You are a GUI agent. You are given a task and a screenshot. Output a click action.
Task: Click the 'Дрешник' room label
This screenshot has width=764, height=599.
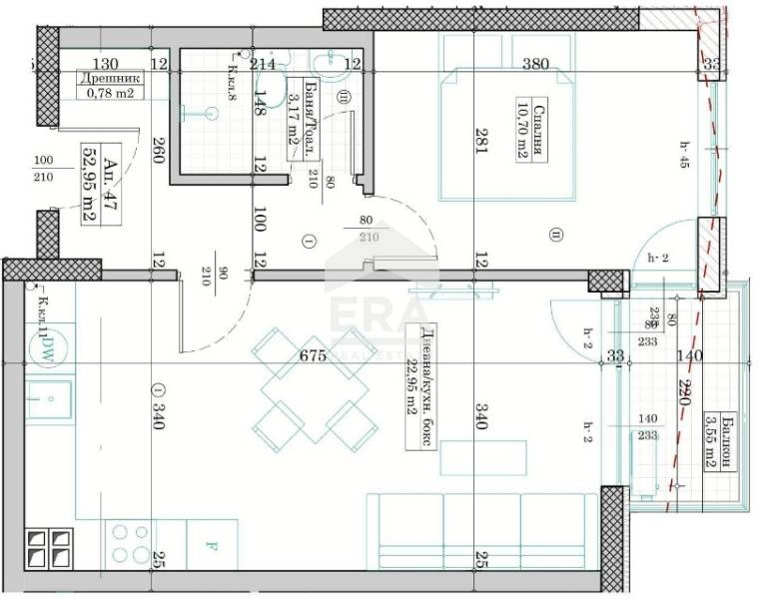pos(111,78)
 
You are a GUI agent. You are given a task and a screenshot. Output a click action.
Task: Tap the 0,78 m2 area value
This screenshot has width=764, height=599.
pos(111,96)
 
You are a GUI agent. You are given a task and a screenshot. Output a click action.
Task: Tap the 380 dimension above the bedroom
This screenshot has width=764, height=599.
pos(536,65)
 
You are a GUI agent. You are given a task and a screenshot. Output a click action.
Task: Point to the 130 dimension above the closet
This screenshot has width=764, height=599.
pos(107,64)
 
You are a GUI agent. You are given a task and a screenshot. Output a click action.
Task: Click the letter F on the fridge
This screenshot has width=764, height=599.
pos(210,547)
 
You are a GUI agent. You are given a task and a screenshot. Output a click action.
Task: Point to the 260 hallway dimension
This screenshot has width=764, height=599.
pos(158,156)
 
